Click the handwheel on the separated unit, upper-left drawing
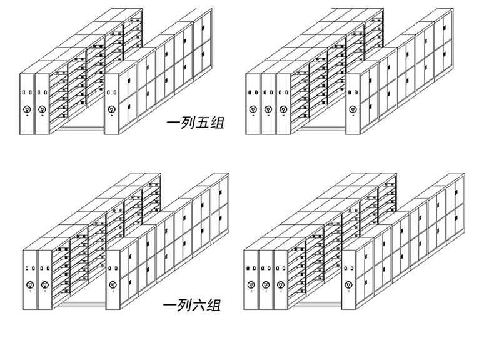(x=111, y=110)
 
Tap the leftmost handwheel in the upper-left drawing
(x=26, y=111)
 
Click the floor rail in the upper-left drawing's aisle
(x=81, y=129)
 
